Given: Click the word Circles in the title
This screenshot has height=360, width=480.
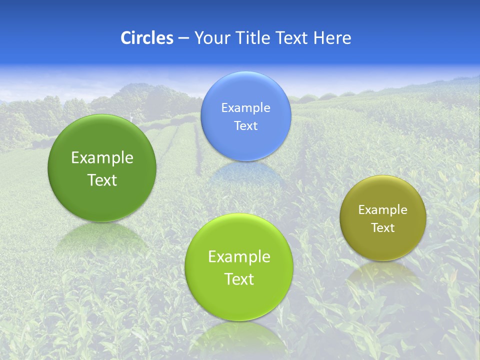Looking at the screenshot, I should pos(146,38).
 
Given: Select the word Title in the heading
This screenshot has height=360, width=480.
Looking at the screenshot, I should pos(254,38).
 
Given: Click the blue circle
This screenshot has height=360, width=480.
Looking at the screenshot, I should pos(245,116).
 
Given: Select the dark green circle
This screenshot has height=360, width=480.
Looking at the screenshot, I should pos(102,168).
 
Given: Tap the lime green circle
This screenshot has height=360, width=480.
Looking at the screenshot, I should pos(239,267).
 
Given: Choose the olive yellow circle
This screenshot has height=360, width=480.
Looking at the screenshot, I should pos(383,218).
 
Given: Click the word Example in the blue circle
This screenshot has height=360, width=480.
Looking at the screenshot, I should pos(245,107).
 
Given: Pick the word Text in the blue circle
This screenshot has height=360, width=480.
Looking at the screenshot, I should pos(245,125).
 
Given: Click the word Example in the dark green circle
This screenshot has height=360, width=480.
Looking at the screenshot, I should pos(102,158).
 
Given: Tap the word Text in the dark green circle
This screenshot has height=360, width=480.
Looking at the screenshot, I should pos(102,180).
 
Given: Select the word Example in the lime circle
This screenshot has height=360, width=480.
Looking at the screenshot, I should pos(239,257).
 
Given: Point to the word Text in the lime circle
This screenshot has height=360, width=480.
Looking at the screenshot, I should pos(239,279).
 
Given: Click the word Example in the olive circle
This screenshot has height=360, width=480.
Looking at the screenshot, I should pos(383,209).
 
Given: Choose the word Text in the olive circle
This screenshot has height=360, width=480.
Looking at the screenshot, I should pos(383,227).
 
